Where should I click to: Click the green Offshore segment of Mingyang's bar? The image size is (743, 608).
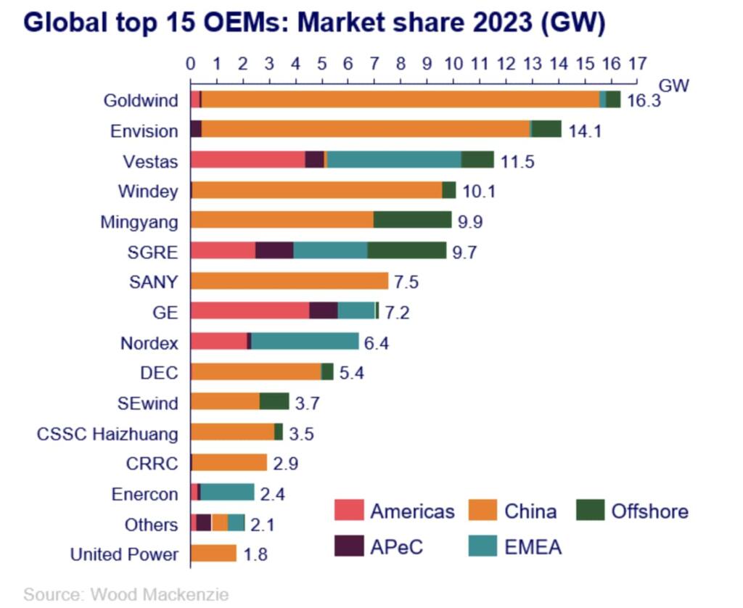click(x=412, y=220)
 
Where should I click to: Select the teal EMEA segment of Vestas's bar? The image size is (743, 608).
click(x=394, y=160)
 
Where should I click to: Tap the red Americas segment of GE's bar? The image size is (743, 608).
click(x=250, y=311)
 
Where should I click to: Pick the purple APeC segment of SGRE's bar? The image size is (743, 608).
click(x=274, y=250)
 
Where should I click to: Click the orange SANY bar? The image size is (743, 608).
click(x=290, y=281)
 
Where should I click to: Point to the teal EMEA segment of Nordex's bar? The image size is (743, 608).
click(x=305, y=341)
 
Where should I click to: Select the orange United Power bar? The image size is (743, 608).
click(x=213, y=554)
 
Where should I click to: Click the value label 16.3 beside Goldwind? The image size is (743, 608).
click(x=644, y=101)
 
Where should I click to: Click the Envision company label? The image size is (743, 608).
click(x=144, y=131)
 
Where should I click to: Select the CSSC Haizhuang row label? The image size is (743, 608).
click(x=107, y=434)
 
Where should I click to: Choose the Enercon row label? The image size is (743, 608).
click(x=144, y=494)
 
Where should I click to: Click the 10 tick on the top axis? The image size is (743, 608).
click(x=453, y=63)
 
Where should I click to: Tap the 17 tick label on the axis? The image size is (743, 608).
click(x=637, y=63)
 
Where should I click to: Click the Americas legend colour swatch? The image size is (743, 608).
click(x=348, y=511)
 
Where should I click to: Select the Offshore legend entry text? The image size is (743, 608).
click(x=649, y=511)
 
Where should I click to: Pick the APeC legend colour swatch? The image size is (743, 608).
click(x=348, y=546)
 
